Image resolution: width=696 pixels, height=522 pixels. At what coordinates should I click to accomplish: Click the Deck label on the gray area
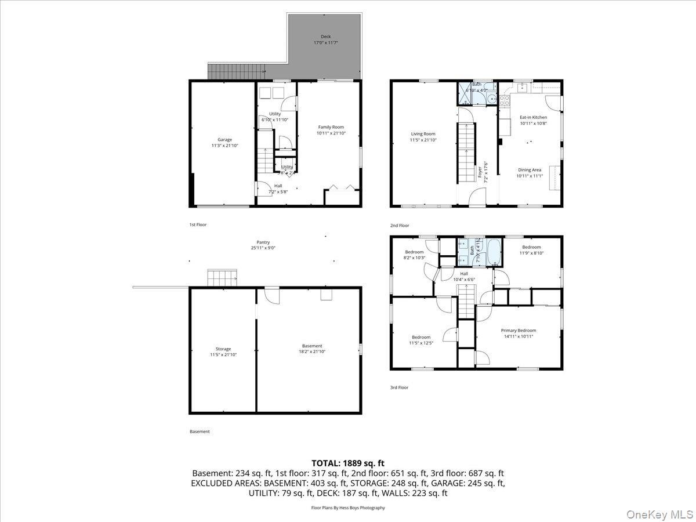click(325, 37)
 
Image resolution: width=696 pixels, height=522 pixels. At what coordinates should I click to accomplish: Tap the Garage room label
click(224, 140)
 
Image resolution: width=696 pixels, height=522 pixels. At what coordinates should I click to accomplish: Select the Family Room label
click(331, 127)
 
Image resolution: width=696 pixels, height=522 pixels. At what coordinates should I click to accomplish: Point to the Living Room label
click(423, 134)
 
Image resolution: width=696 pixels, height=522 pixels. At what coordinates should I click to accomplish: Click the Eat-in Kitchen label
click(532, 117)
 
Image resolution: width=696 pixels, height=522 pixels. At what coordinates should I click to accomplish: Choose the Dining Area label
click(529, 170)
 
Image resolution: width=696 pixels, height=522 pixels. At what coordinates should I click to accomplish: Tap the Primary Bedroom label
click(519, 331)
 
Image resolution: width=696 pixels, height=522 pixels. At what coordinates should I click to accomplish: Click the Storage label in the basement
click(223, 349)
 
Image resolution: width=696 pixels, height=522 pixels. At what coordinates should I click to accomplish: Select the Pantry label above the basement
click(263, 242)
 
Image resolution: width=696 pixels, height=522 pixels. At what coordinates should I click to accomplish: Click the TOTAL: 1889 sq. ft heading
click(348, 463)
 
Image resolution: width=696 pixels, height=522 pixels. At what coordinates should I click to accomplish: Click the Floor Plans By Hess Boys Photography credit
click(348, 507)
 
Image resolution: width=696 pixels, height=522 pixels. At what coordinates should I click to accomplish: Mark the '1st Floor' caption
click(198, 224)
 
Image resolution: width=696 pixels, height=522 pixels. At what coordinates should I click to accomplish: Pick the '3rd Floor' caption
click(399, 387)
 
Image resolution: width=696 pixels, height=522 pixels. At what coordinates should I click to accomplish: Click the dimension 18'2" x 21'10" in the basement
click(311, 351)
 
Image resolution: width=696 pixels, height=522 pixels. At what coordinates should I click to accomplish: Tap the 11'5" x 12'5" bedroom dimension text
click(421, 343)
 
